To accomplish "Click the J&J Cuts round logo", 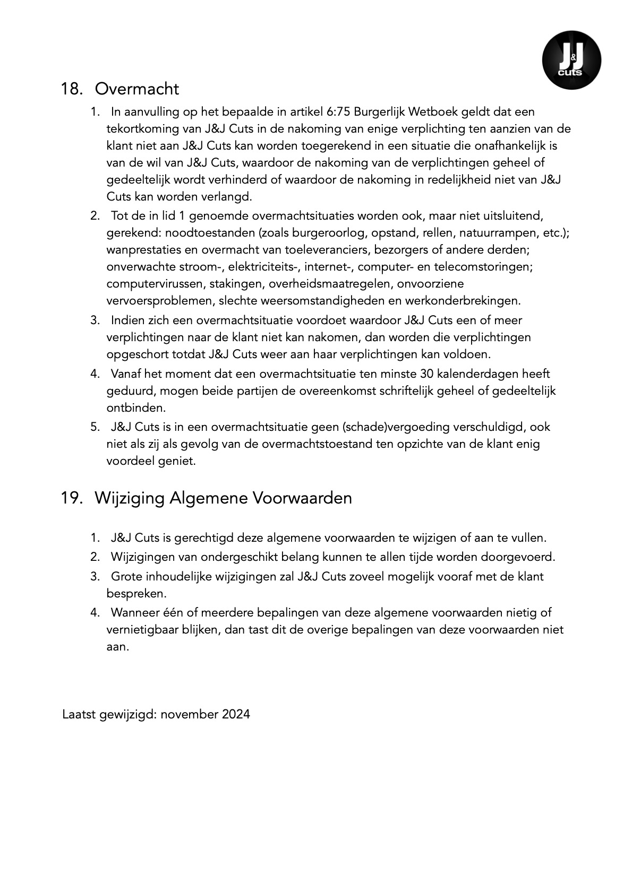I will click(x=571, y=60).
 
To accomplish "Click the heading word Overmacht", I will click(x=137, y=89).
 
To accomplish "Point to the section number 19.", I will click(x=72, y=498).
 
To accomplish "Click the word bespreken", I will click(x=129, y=593).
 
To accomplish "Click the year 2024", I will click(x=236, y=714).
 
